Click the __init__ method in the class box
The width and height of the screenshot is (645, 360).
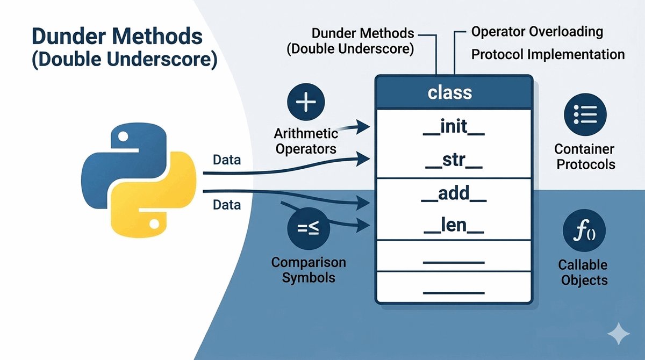tap(454, 127)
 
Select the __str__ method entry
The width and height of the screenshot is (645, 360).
tap(454, 160)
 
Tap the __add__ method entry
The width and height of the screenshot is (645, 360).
tap(454, 193)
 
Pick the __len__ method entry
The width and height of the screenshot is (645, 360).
tap(454, 225)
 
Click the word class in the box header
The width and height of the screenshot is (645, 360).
tap(450, 92)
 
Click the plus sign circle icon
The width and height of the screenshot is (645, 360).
tap(306, 102)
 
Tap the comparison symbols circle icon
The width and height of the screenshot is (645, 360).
tap(308, 229)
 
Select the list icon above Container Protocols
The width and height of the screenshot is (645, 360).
tap(585, 114)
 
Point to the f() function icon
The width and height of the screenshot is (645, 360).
tap(584, 230)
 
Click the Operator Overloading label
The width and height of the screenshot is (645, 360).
tap(537, 32)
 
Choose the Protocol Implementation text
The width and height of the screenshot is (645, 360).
tap(548, 54)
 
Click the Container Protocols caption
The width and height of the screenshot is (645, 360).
tap(585, 157)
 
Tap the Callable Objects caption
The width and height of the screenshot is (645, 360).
tap(584, 272)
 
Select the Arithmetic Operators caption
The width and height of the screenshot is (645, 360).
tap(306, 141)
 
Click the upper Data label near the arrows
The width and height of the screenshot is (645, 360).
tap(227, 160)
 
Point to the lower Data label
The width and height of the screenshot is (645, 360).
tap(227, 205)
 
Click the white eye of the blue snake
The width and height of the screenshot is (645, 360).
tap(123, 136)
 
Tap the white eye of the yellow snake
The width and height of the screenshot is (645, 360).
tap(154, 224)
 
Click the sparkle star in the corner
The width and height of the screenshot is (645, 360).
tap(618, 334)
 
